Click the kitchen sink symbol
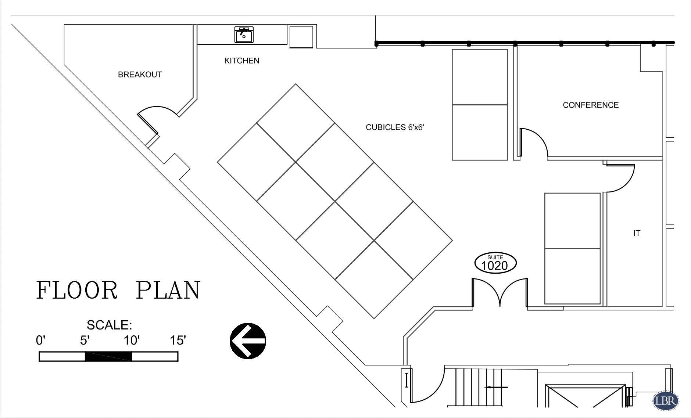tap(244, 35)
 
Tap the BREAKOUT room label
tap(140, 75)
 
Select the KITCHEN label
tap(242, 61)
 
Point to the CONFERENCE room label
tap(591, 105)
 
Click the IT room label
tap(637, 233)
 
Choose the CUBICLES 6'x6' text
tap(395, 127)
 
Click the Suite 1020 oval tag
tap(495, 263)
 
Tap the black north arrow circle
tap(248, 341)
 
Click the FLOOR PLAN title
tap(118, 290)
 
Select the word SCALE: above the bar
tap(109, 325)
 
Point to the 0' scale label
tap(40, 340)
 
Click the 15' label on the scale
tap(178, 340)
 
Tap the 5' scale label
tap(85, 340)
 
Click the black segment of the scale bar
tap(108, 356)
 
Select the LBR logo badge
tap(666, 400)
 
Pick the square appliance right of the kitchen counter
tap(301, 37)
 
